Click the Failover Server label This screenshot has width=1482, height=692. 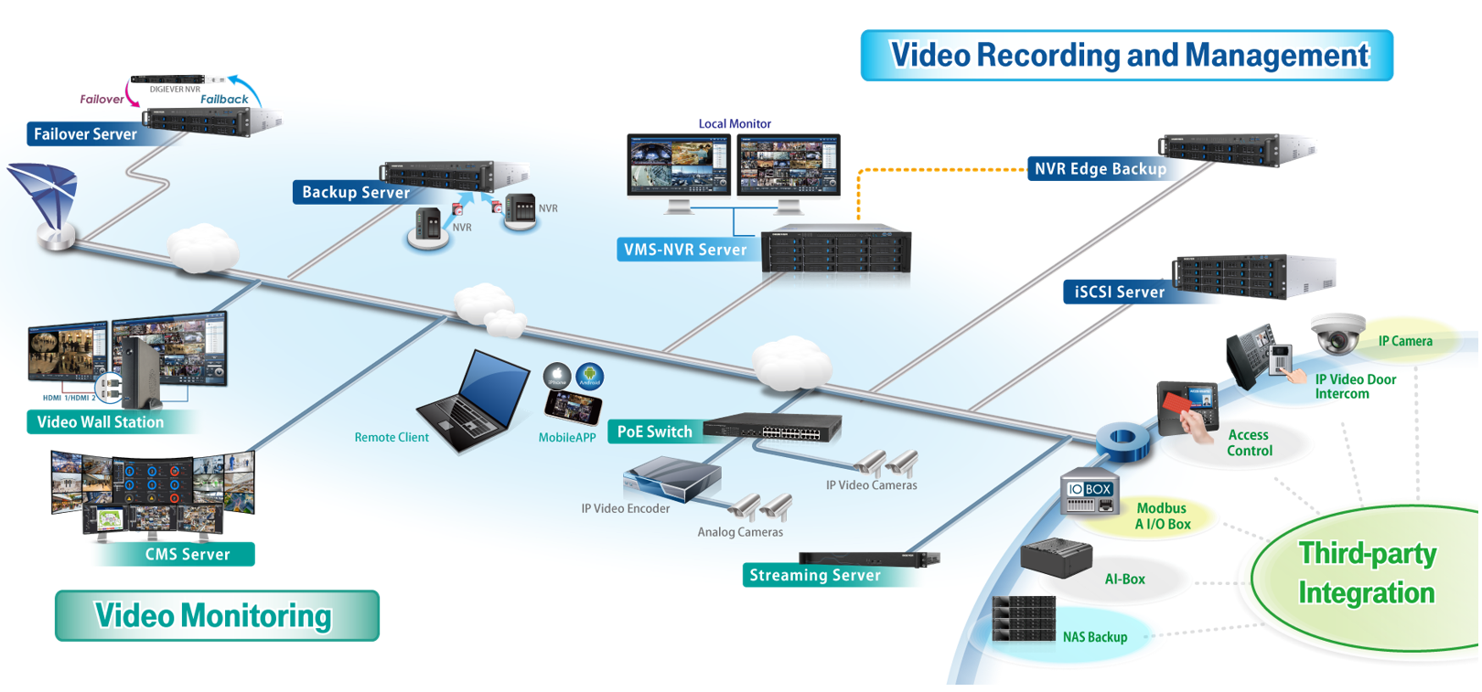[85, 134]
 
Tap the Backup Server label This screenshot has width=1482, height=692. [356, 192]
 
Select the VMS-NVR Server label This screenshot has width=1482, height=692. [685, 250]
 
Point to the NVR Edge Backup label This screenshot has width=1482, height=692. [1101, 169]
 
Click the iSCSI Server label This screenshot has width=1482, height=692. [1120, 293]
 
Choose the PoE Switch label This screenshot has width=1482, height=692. [655, 432]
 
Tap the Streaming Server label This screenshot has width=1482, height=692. [815, 575]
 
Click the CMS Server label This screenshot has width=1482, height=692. [187, 555]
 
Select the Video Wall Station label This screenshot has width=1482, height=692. [101, 422]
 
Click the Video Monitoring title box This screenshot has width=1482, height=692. [217, 616]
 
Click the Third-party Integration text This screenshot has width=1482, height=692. [1367, 574]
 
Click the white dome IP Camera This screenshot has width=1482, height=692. [1337, 334]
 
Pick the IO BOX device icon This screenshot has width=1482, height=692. [1089, 495]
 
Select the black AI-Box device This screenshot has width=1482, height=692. [1056, 559]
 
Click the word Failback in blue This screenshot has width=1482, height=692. [224, 100]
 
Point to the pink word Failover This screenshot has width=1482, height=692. [102, 100]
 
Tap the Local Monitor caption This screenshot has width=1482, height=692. [735, 124]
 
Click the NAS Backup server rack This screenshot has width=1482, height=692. [1024, 619]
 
